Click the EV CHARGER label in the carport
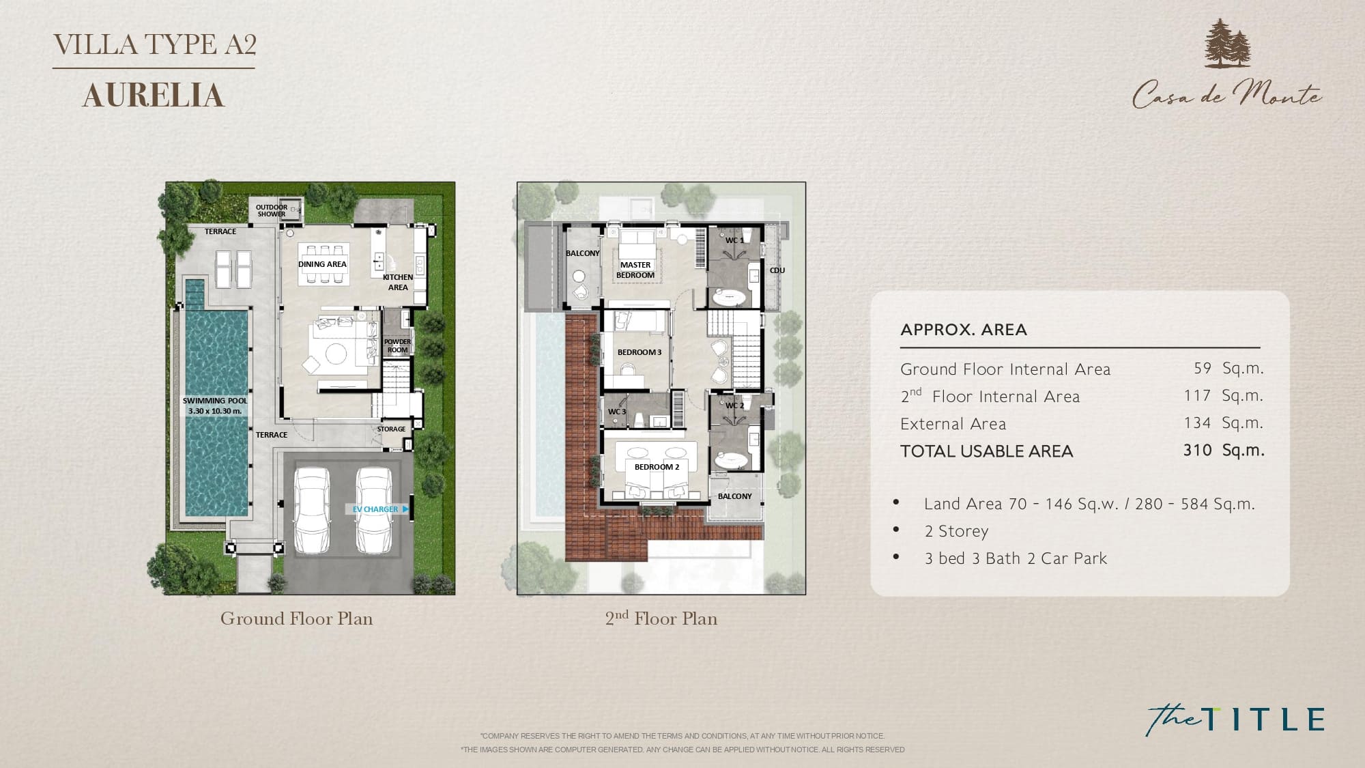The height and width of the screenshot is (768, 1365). pos(375,509)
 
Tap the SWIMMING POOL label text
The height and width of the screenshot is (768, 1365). pos(215,401)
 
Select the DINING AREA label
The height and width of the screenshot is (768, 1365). pos(322,264)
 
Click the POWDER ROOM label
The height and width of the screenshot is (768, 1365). pos(397,345)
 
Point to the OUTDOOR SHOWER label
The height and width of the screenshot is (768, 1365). pos(272,210)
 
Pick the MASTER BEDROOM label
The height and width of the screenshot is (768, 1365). pos(635,270)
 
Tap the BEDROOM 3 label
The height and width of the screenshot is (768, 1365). pos(640,352)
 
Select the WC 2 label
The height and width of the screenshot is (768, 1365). pos(734,406)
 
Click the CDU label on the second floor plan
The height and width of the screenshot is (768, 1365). pos(777,270)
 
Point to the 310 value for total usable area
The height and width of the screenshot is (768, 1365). pos(1198,451)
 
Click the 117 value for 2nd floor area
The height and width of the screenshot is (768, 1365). pos(1198,396)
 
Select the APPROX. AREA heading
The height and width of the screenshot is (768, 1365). pos(963,330)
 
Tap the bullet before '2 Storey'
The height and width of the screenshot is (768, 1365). pos(896,530)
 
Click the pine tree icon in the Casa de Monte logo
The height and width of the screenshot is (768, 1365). pos(1227,44)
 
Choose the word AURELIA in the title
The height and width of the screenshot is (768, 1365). pos(154,96)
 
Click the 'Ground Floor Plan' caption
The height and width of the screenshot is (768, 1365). pos(296,618)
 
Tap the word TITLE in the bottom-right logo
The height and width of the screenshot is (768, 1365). pos(1263,720)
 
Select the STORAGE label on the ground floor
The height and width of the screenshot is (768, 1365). pos(391,429)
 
